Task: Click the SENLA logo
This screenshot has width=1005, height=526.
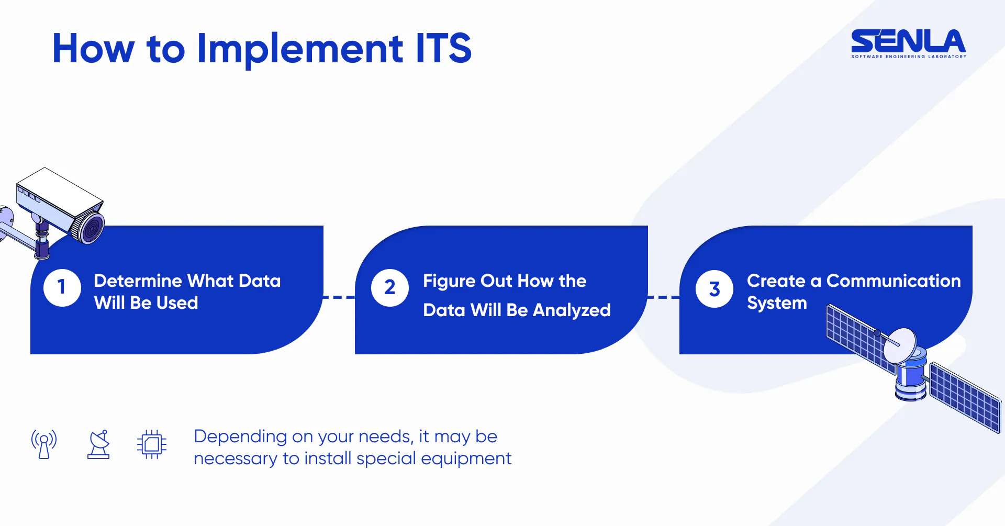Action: pyautogui.click(x=909, y=43)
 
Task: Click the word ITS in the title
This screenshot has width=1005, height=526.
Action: pyautogui.click(x=443, y=48)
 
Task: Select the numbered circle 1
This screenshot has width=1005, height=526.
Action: pyautogui.click(x=62, y=287)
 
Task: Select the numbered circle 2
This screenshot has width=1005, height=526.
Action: pyautogui.click(x=390, y=288)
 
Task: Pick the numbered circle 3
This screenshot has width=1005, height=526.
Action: pyautogui.click(x=714, y=289)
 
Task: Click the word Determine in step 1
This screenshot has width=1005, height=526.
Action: pyautogui.click(x=138, y=281)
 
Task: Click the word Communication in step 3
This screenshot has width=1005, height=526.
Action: pyautogui.click(x=894, y=281)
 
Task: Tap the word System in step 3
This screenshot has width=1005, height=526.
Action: pyautogui.click(x=777, y=303)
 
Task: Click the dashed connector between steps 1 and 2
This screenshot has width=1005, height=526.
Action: pyautogui.click(x=339, y=297)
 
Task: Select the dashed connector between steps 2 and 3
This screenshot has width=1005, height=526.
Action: pyautogui.click(x=664, y=297)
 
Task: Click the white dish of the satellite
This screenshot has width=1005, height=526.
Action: pyautogui.click(x=899, y=345)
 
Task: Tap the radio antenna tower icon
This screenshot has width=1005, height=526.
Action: pyautogui.click(x=44, y=444)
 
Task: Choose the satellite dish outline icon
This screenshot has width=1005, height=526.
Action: pyautogui.click(x=98, y=444)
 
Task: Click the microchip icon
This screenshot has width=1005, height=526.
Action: pyautogui.click(x=152, y=444)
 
